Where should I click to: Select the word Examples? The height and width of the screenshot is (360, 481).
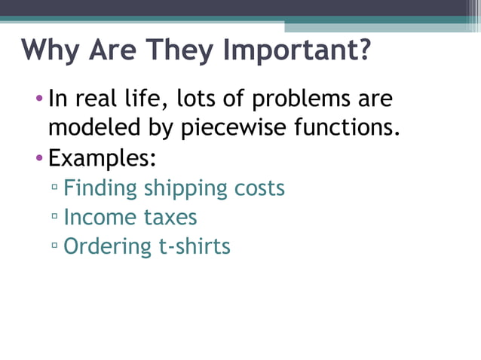pos(102,159)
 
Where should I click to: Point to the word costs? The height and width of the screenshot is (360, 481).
pos(259,188)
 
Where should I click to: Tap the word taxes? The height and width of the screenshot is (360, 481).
pos(170,218)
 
